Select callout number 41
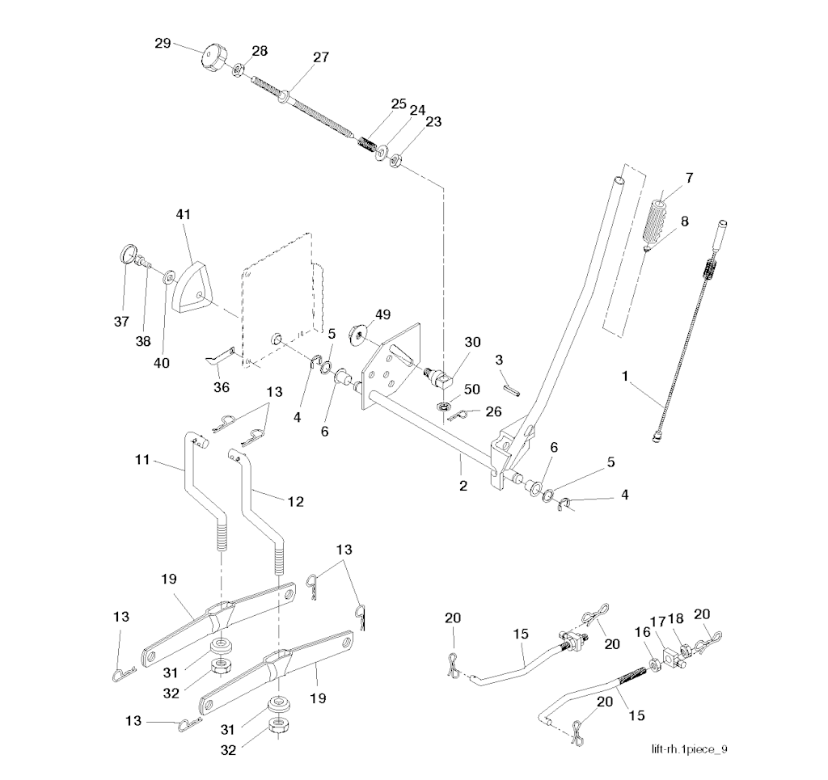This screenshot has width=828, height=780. pos(184,215)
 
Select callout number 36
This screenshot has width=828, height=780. pos(221,387)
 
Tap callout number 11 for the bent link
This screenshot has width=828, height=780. pos(142,460)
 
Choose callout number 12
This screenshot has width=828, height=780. pos(295,502)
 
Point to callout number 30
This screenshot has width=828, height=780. pos(473,342)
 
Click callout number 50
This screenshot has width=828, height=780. pos(472,390)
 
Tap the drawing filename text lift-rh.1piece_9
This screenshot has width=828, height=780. pos(689,749)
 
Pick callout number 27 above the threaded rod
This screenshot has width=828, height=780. pos(321,57)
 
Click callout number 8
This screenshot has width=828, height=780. pos(685,221)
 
